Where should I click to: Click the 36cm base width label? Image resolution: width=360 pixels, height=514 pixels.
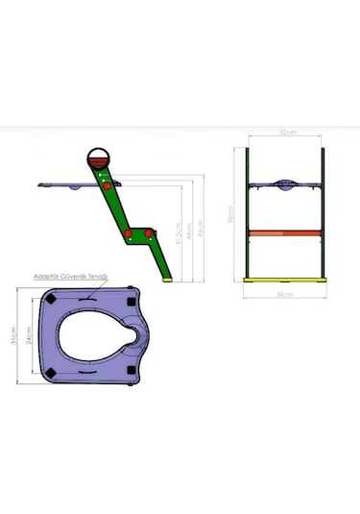[286, 292]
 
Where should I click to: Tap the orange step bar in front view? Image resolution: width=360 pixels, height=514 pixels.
[285, 232]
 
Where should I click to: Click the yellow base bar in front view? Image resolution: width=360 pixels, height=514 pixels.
[285, 281]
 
